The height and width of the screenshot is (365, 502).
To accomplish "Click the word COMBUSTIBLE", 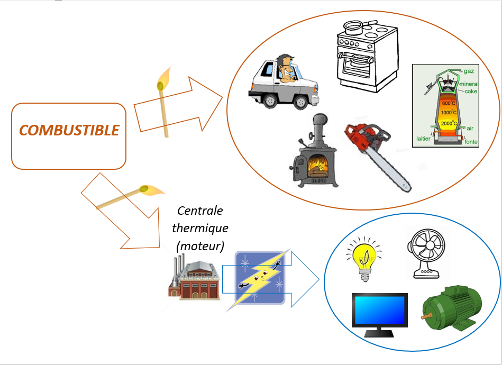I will click(x=69, y=130).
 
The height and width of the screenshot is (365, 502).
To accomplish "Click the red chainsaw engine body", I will click(x=363, y=137).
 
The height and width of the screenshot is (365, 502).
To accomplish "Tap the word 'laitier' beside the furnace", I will click(x=423, y=139).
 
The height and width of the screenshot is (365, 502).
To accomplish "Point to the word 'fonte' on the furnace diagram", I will click(x=471, y=142).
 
